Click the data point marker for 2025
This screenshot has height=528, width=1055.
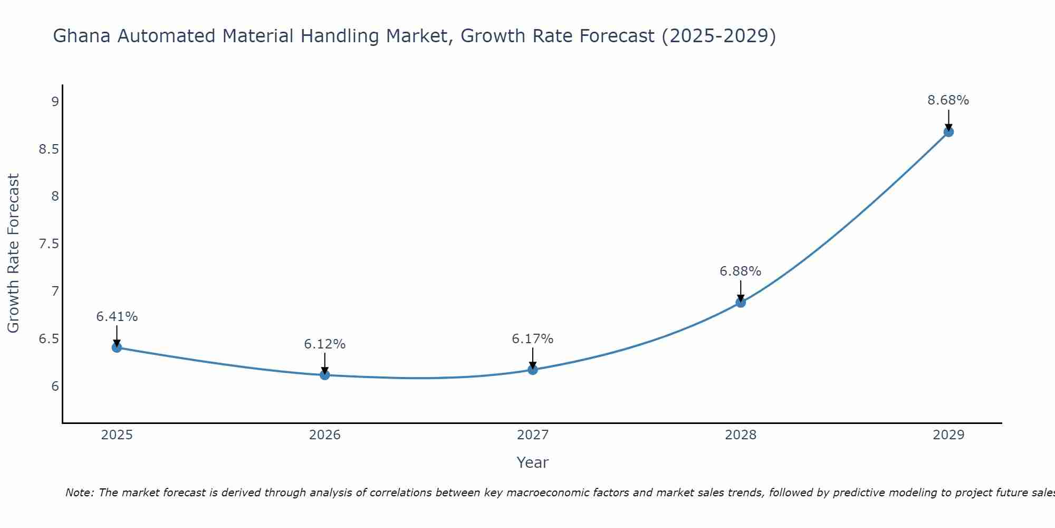pos(117,347)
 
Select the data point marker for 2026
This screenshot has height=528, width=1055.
pos(324,375)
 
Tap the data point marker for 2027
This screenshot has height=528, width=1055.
pos(532,370)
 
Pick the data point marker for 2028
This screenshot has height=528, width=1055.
pos(740,303)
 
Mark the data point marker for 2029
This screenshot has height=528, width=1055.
pos(948,132)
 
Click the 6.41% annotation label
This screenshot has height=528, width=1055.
pos(117,317)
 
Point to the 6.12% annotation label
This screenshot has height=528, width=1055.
pos(324,344)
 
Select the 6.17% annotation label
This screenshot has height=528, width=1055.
pos(532,339)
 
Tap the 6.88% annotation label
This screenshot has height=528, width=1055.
pos(740,271)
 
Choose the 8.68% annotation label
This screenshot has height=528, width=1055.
pos(948,100)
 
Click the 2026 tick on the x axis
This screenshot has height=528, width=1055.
pos(324,435)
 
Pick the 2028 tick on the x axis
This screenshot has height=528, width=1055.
pos(740,435)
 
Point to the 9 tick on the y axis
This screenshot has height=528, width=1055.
pos(55,101)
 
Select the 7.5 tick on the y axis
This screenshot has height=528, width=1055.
pos(49,244)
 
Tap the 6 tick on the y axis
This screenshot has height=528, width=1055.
pos(55,386)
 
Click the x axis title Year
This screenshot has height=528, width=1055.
pos(532,463)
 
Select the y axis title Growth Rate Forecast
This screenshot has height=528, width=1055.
pos(13,253)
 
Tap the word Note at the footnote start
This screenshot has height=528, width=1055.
pos(79,493)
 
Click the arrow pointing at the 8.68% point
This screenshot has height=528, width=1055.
pos(948,120)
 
